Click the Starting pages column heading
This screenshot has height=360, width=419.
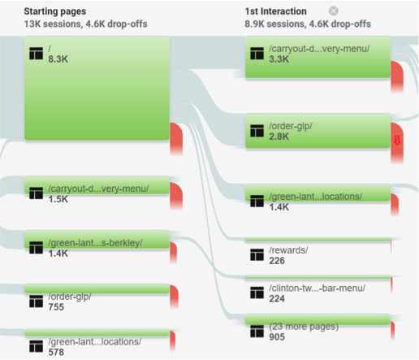[x=55, y=11]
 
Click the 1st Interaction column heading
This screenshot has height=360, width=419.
[x=275, y=11]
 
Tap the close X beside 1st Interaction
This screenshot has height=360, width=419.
[x=334, y=11]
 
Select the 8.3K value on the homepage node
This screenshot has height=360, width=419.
[x=58, y=59]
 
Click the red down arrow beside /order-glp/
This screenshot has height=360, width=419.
[x=397, y=141]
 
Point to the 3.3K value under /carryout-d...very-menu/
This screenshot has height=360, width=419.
[x=279, y=59]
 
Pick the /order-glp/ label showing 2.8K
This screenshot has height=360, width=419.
[x=291, y=126]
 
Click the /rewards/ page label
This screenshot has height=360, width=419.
[x=288, y=250]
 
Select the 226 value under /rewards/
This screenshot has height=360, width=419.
[x=277, y=261]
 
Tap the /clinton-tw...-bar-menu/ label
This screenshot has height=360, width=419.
[x=317, y=288]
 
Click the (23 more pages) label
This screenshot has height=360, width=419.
[x=304, y=327]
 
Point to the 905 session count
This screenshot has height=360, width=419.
[x=277, y=337]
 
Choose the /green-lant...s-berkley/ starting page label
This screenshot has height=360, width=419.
[x=95, y=243]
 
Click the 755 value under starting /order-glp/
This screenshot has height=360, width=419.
[x=56, y=307]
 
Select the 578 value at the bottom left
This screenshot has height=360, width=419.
[x=56, y=352]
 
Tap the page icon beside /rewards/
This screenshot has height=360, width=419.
[x=257, y=254]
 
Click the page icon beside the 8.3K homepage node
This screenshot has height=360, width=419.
[x=36, y=53]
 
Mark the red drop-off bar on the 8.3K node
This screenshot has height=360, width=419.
[x=176, y=139]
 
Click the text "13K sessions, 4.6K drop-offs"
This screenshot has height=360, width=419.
[x=85, y=24]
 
